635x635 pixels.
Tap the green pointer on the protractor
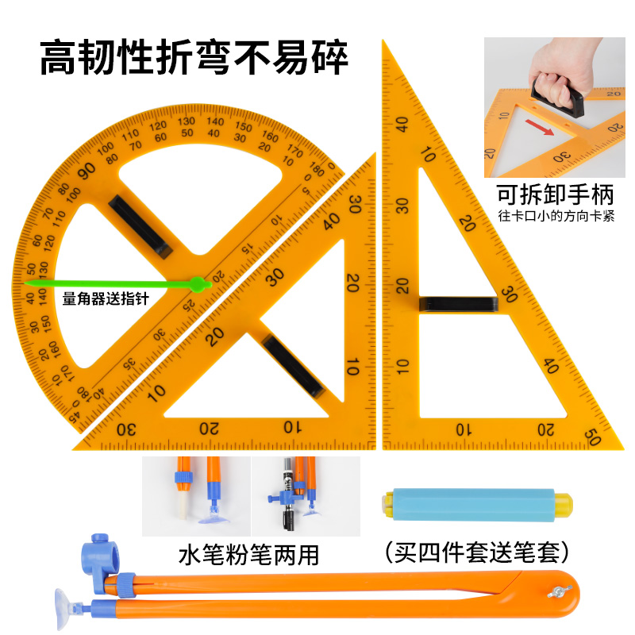(111, 283)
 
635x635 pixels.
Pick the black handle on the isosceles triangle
(293, 365)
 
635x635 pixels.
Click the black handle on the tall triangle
(458, 303)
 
